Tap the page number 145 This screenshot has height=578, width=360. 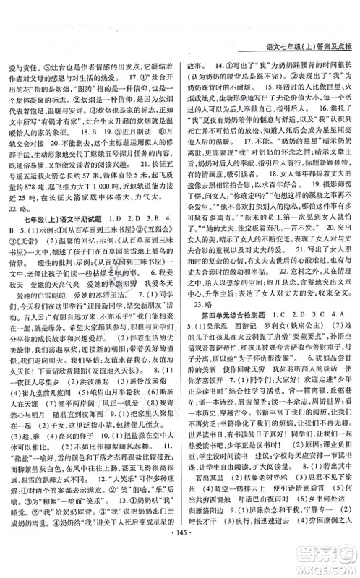tap(181, 560)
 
